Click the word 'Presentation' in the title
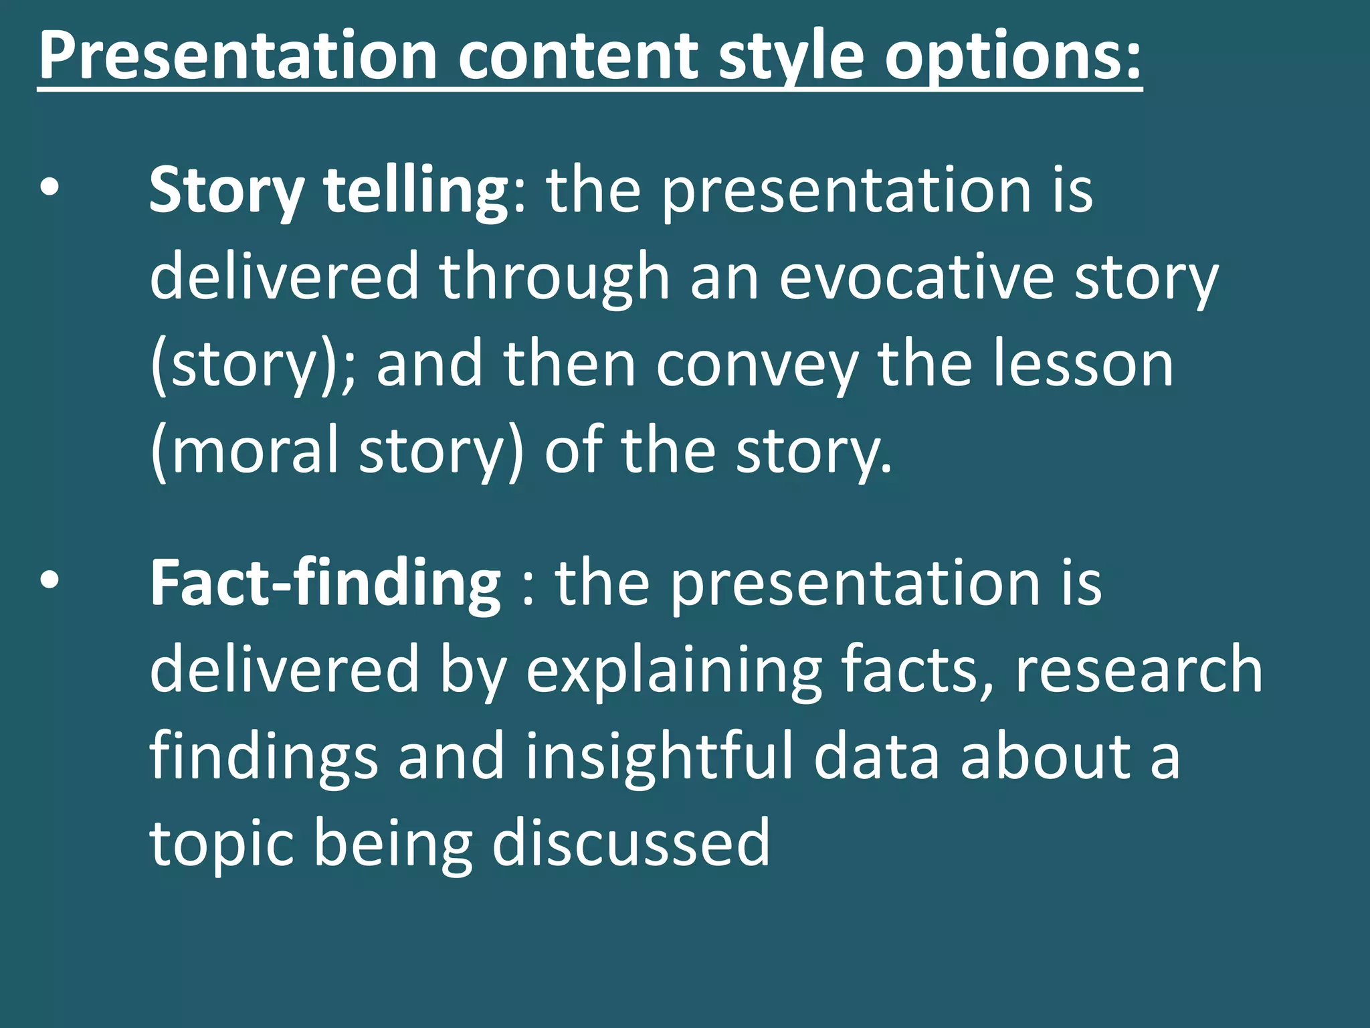(x=237, y=56)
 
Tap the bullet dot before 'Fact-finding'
(x=50, y=581)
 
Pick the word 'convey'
(x=757, y=364)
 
